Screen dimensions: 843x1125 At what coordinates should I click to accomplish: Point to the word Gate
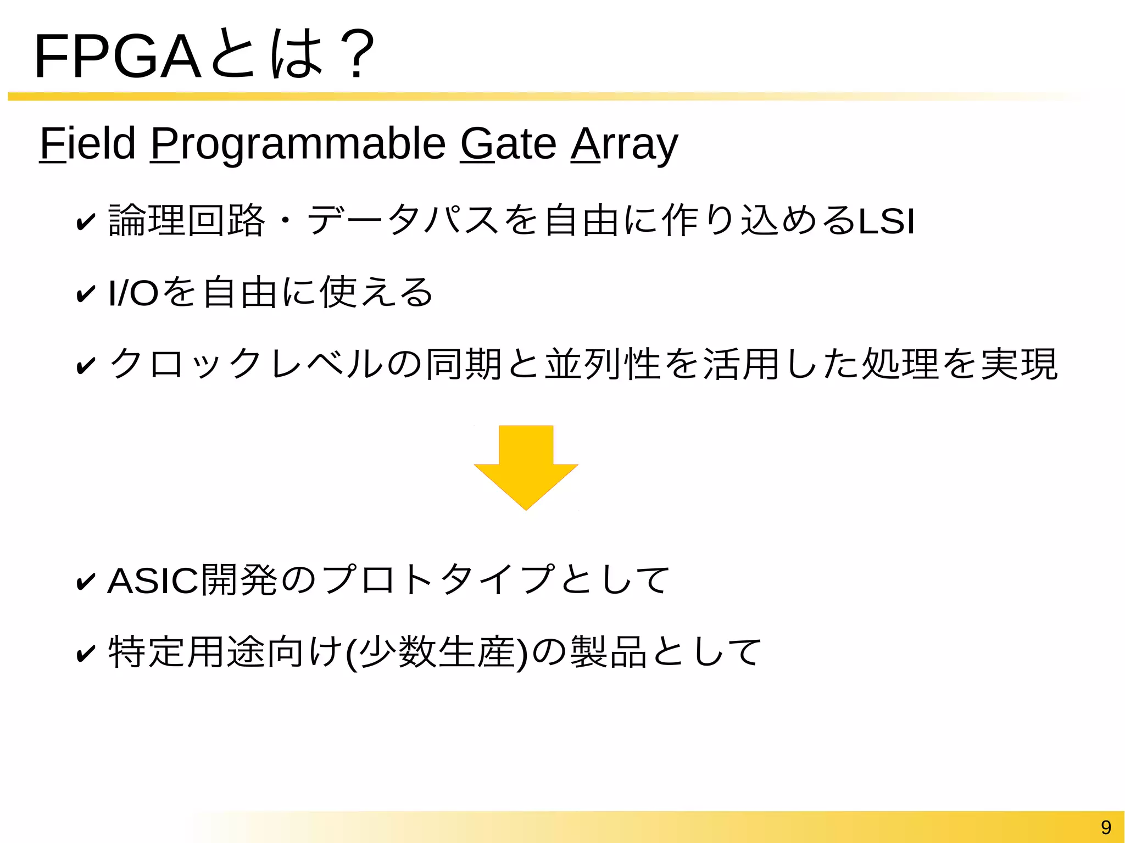tap(508, 144)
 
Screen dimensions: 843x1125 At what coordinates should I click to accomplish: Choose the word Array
tap(625, 144)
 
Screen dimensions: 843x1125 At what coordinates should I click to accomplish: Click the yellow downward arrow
tap(526, 467)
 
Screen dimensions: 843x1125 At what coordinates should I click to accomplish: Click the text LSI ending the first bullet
tap(887, 221)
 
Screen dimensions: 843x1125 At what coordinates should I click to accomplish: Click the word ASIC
tap(153, 580)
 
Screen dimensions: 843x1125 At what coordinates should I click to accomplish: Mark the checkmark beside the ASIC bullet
tap(86, 582)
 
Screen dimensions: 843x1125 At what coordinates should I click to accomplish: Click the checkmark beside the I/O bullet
tap(86, 293)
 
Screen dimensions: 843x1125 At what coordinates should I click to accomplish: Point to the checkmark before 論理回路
tap(86, 222)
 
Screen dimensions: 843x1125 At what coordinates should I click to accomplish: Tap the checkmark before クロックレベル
tap(86, 365)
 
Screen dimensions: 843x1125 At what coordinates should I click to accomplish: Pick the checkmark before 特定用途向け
tap(86, 654)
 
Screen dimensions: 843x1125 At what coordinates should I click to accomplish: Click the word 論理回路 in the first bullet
tap(187, 221)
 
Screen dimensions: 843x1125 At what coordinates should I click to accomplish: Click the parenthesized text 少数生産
tap(437, 652)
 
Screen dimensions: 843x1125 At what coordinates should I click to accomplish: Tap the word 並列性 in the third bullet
tap(603, 364)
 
